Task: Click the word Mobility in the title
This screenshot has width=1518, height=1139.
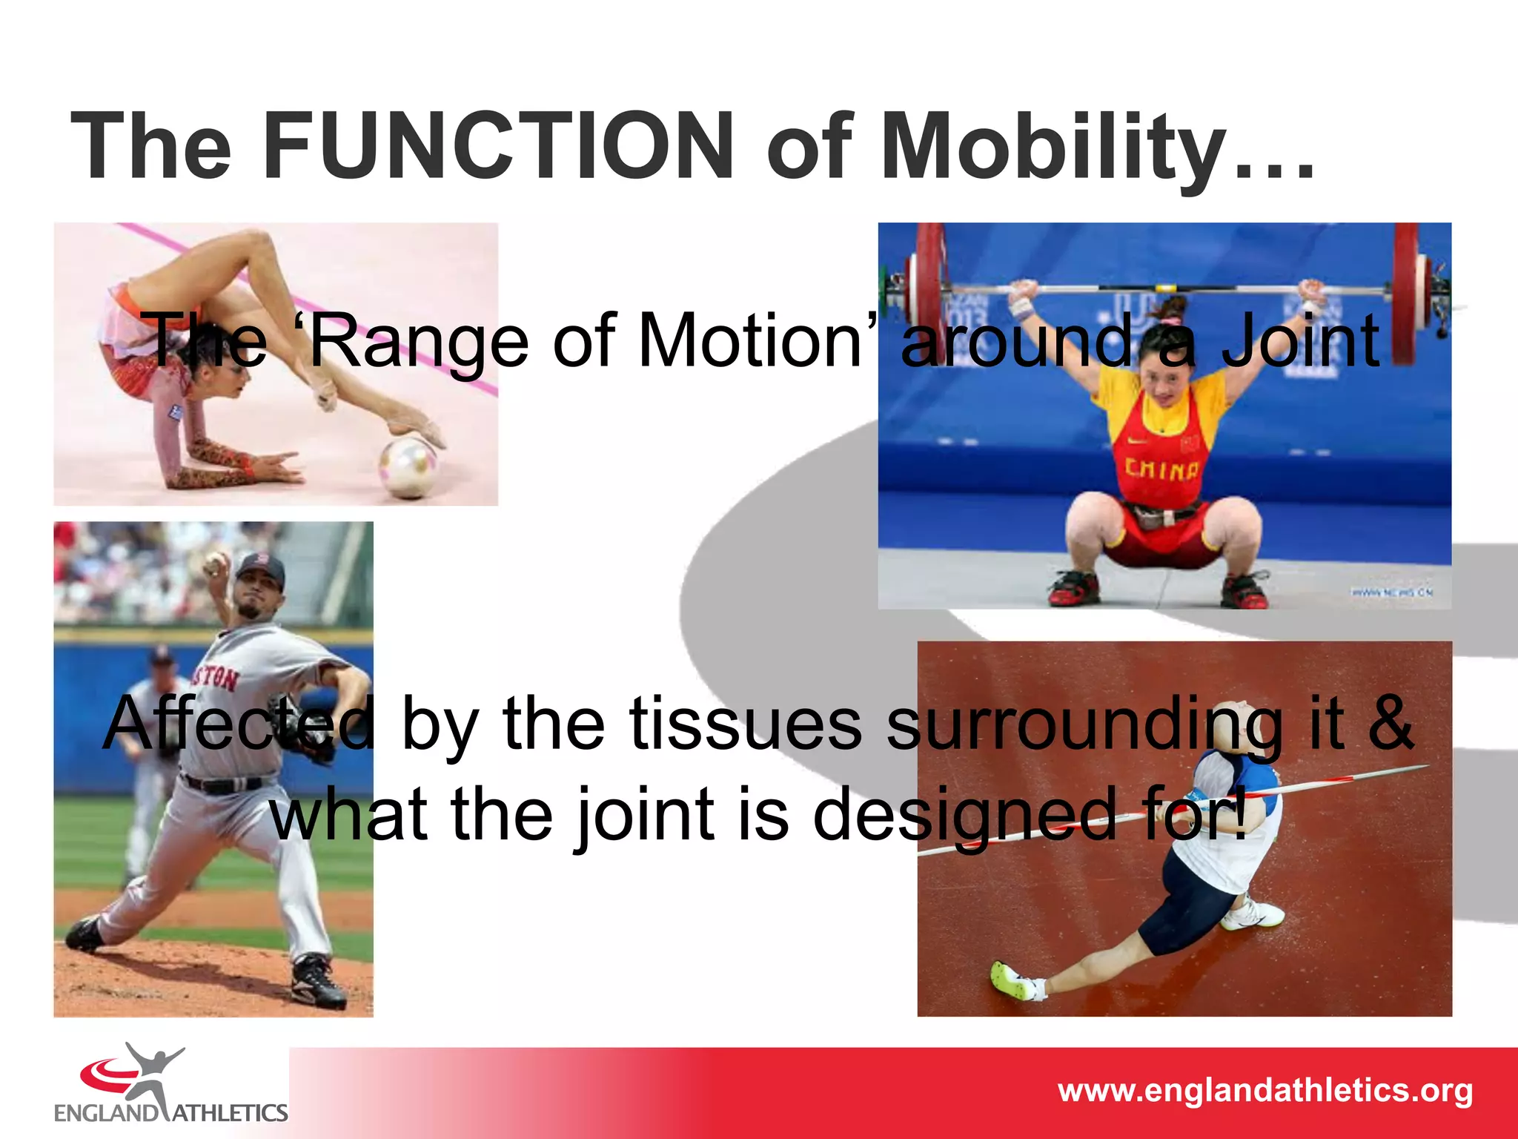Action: click(x=1052, y=146)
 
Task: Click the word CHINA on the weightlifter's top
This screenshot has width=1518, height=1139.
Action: click(x=1161, y=469)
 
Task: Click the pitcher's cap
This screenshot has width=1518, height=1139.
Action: click(x=261, y=569)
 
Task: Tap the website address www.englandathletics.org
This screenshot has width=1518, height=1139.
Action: click(x=1265, y=1091)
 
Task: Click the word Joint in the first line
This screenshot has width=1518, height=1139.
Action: click(x=1301, y=341)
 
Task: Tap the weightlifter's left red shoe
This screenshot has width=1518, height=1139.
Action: click(x=1073, y=587)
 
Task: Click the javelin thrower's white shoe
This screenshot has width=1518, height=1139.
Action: click(x=1253, y=914)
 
